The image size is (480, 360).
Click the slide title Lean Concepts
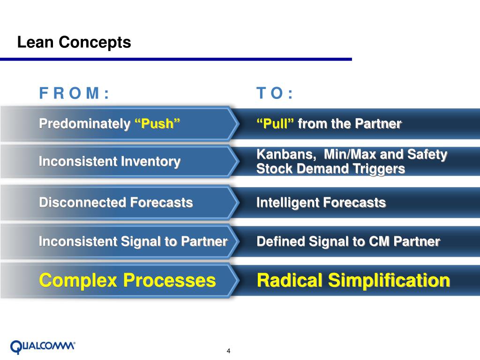coord(74,43)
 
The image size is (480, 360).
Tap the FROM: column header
coord(74,94)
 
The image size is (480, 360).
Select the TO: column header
coord(275,94)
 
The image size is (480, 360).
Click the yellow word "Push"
coord(157,124)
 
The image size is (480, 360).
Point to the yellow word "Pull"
coord(275,124)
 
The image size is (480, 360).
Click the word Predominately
coord(85,124)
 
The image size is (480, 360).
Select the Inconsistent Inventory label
coord(110,162)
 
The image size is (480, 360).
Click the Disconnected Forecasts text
coord(116,202)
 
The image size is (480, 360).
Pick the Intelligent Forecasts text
coord(321,202)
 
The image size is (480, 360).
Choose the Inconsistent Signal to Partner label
coord(133,241)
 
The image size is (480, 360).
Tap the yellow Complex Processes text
coord(127,280)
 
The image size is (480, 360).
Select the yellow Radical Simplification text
coord(353,280)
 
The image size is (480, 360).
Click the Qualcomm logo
coord(43,346)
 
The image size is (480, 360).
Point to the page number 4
coord(229,352)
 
